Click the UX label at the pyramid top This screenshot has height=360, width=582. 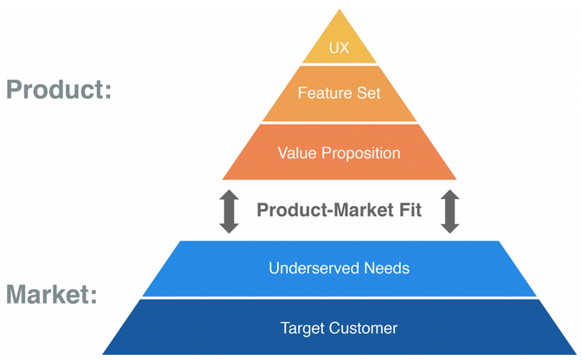pos(339,48)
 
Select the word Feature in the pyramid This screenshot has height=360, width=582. pos(325,93)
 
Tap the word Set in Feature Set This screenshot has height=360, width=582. pos(369,93)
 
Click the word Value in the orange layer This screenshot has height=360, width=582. pos(297,153)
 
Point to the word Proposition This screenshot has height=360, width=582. pos(361,154)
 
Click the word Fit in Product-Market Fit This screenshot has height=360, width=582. pos(411,210)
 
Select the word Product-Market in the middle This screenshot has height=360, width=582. pos(326,210)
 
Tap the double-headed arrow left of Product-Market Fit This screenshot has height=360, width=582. pos(229,211)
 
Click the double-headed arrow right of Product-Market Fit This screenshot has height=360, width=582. pos(449,211)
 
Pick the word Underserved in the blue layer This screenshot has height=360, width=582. pos(314,268)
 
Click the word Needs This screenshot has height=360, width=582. pos(387,268)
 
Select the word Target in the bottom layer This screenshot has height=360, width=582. pos(302,329)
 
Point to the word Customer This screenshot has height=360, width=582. pos(363,329)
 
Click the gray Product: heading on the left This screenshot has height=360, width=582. pos(59,90)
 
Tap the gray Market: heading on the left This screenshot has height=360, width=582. pos(52,295)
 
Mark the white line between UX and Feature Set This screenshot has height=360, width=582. pos(339,65)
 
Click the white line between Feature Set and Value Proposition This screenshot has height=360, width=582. pos(339,123)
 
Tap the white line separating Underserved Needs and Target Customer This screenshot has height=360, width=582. pos(339,298)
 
